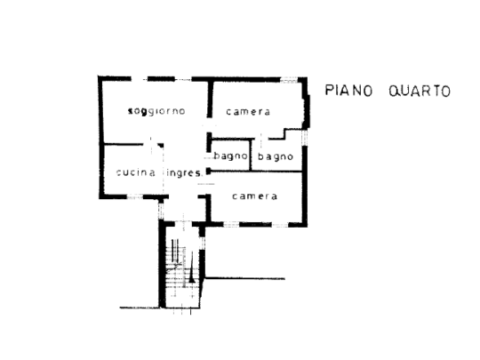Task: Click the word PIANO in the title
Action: pyautogui.click(x=348, y=91)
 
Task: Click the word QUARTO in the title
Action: pyautogui.click(x=420, y=91)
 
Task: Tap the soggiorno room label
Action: pyautogui.click(x=156, y=111)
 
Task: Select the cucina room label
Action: pyautogui.click(x=136, y=172)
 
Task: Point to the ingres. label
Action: pyautogui.click(x=185, y=173)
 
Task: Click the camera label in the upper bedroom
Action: pyautogui.click(x=248, y=112)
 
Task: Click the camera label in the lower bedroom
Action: pyautogui.click(x=255, y=196)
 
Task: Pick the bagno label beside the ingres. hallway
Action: pyautogui.click(x=230, y=156)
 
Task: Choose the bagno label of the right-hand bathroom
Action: pyautogui.click(x=276, y=156)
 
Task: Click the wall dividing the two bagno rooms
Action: pyautogui.click(x=251, y=155)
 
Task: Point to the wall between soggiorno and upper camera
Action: pyautogui.click(x=210, y=100)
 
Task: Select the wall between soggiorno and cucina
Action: pyautogui.click(x=124, y=144)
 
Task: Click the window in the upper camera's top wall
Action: pyautogui.click(x=289, y=80)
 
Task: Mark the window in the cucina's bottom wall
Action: pyautogui.click(x=135, y=196)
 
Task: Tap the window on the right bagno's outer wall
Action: pyautogui.click(x=304, y=138)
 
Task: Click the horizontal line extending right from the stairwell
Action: pyautogui.click(x=245, y=278)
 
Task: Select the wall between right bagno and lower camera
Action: pyautogui.click(x=257, y=172)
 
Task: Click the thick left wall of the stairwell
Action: pyautogui.click(x=163, y=265)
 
